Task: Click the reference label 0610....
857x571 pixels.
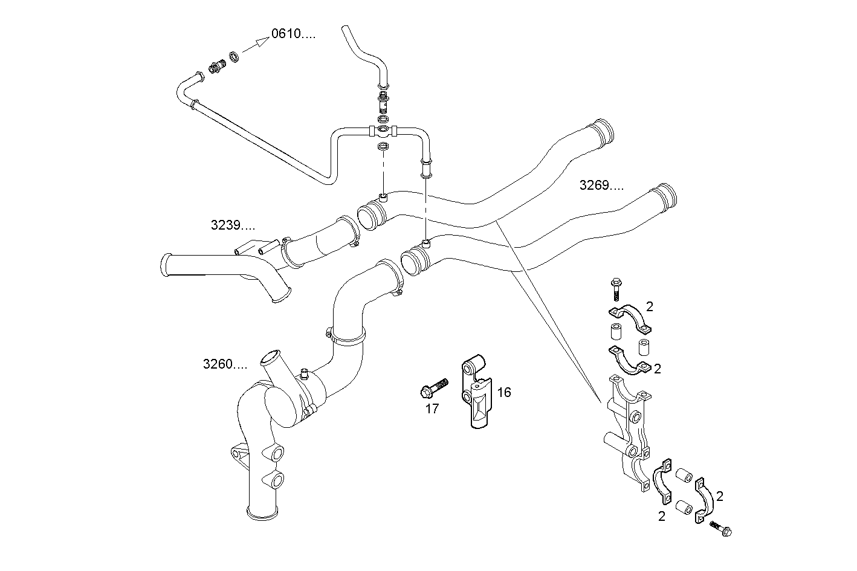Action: [x=293, y=34]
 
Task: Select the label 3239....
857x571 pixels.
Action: [x=233, y=226]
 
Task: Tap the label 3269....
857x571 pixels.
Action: [x=601, y=185]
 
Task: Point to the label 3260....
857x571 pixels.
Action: [x=225, y=364]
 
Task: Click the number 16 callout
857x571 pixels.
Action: [x=503, y=393]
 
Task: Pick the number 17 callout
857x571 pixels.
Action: [x=432, y=409]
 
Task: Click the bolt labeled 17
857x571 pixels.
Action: [x=433, y=387]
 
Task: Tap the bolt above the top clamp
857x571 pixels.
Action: [x=615, y=289]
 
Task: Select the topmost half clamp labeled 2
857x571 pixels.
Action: [x=630, y=318]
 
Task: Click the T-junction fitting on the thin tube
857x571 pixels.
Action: [x=382, y=129]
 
